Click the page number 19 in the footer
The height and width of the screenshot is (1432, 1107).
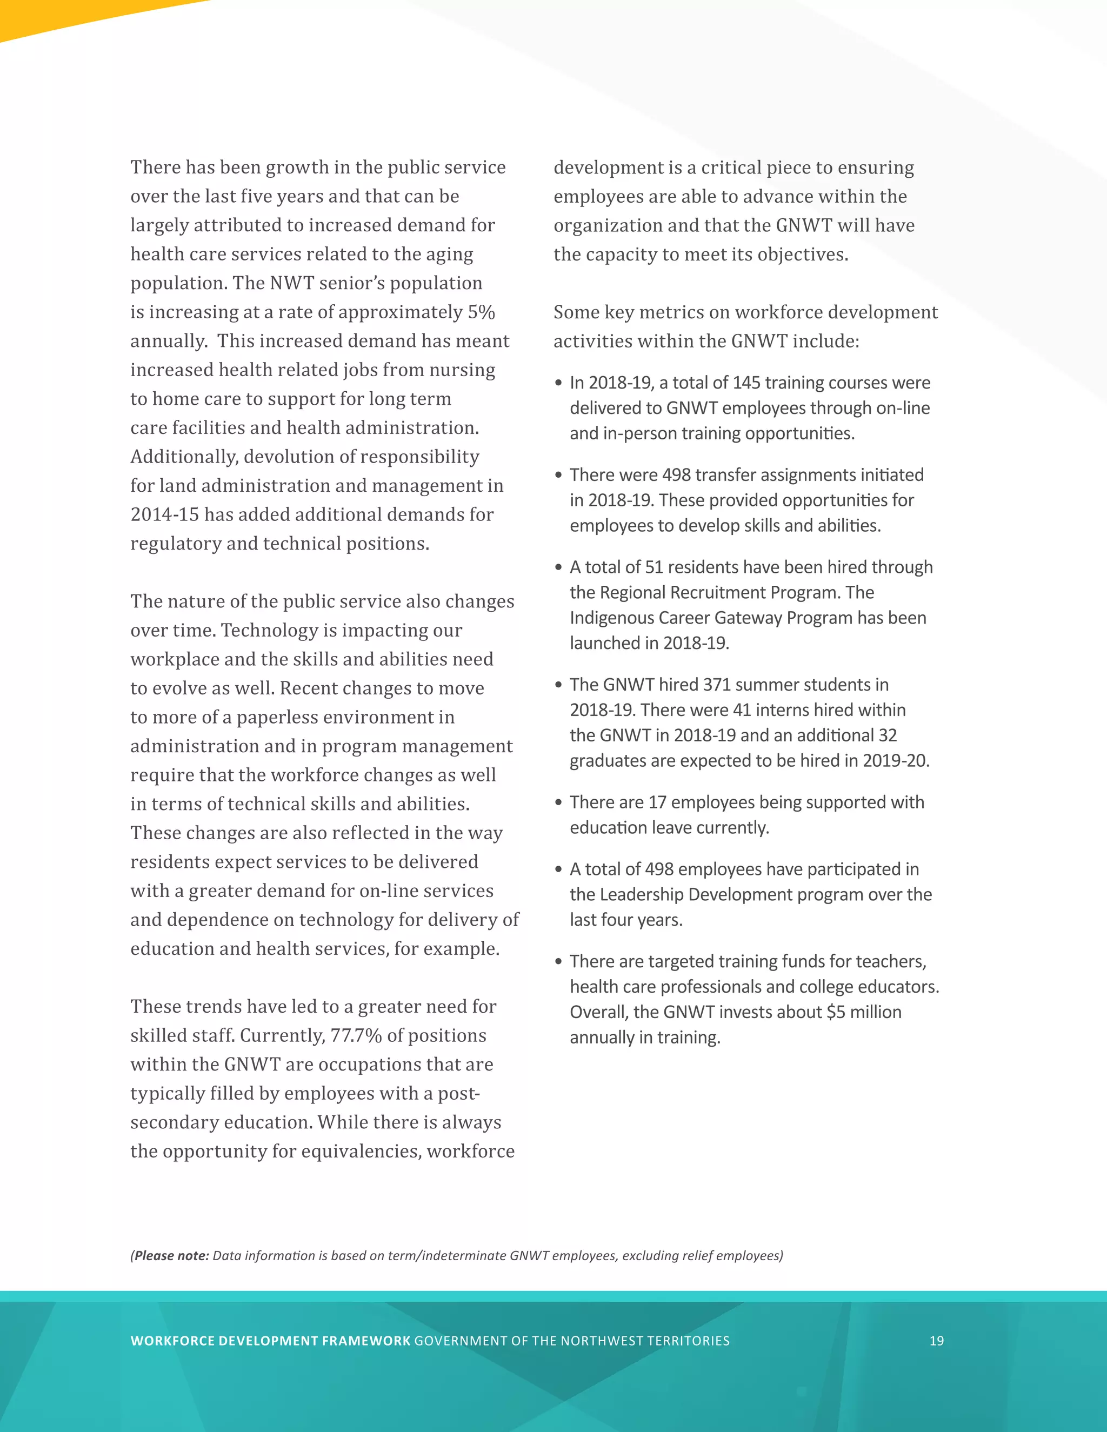(x=937, y=1341)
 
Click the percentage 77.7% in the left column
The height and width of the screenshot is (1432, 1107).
(x=356, y=1035)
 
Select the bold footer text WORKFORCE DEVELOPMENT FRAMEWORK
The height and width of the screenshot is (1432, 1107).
(x=270, y=1341)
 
